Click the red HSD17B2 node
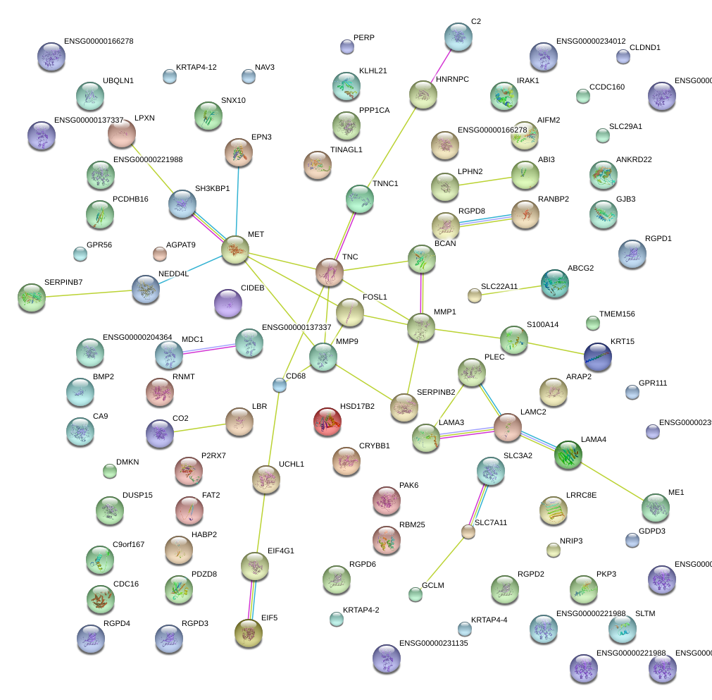tap(327, 421)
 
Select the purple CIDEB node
tap(227, 302)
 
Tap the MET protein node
tap(235, 250)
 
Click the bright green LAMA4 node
tap(568, 455)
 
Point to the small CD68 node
tap(280, 384)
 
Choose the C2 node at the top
tap(458, 37)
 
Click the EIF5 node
tap(248, 632)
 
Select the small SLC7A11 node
tap(468, 532)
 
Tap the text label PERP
tap(364, 37)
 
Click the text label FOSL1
tap(375, 297)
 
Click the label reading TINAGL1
tap(346, 149)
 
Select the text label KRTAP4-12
tap(196, 67)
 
